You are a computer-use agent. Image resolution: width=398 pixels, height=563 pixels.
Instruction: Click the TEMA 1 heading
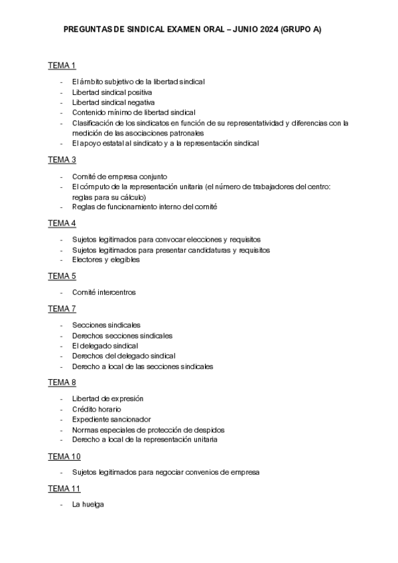tap(62, 65)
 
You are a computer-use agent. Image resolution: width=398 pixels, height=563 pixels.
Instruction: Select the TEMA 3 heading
tap(62, 159)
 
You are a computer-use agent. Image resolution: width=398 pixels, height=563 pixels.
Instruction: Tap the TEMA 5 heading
tap(62, 276)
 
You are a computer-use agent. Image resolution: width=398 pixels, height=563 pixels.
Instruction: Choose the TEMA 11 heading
tap(64, 489)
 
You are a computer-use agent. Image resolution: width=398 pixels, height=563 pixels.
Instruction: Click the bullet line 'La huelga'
tap(88, 505)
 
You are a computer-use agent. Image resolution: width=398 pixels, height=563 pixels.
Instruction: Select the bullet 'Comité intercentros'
tap(104, 292)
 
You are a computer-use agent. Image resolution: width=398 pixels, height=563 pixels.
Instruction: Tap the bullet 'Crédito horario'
tap(97, 409)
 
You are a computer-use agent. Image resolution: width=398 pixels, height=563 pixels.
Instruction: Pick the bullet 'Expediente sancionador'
tap(111, 419)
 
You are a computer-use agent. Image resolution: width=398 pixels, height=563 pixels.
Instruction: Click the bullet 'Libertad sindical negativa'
tap(113, 102)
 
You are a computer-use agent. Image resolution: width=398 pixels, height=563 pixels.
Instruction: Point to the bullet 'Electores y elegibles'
tap(106, 260)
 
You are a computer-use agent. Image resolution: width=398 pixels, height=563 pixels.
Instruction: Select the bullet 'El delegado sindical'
tap(105, 345)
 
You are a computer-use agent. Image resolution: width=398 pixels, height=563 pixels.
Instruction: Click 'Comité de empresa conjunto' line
tap(119, 176)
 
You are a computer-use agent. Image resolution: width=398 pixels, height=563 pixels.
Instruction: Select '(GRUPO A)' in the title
tap(301, 30)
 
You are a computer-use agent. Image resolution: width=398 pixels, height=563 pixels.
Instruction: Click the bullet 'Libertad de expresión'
tap(107, 398)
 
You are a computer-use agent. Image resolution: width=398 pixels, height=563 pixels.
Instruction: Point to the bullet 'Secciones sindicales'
tap(106, 325)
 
